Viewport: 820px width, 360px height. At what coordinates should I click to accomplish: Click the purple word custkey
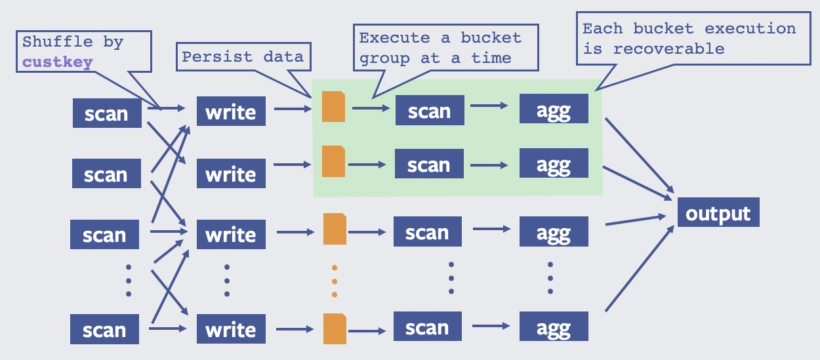[58, 62]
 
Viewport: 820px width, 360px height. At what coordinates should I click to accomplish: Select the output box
[718, 212]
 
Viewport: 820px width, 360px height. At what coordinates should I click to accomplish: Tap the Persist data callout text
[243, 56]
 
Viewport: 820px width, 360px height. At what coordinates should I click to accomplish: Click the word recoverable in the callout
[669, 49]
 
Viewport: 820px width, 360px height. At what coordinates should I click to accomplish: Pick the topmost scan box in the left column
[107, 113]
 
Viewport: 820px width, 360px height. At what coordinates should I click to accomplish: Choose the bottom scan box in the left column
[104, 329]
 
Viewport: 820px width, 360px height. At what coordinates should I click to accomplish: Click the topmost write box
[231, 111]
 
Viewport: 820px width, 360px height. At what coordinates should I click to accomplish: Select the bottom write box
[231, 329]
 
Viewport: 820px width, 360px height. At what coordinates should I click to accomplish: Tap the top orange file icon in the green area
[333, 106]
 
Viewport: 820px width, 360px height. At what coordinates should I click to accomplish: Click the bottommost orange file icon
[335, 329]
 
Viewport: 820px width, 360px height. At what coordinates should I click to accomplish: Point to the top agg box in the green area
[554, 109]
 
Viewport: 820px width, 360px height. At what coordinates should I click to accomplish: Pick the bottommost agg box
[554, 327]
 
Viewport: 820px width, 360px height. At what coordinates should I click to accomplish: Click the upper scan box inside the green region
[430, 110]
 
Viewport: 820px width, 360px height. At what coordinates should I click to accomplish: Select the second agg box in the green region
[554, 163]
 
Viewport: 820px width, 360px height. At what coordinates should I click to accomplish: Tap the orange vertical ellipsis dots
[334, 281]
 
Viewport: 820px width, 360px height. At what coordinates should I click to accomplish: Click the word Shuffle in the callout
[58, 42]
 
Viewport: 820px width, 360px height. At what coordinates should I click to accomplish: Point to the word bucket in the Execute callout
[491, 37]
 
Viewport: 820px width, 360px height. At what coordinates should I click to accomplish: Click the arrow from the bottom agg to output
[640, 268]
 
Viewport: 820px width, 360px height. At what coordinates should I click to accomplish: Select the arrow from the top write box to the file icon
[293, 109]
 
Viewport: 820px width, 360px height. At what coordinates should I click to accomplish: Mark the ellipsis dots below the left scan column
[129, 281]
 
